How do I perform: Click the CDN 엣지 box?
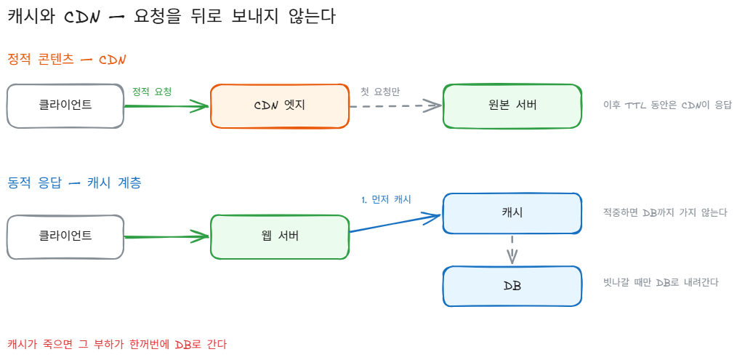pyautogui.click(x=280, y=106)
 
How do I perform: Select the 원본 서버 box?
pyautogui.click(x=512, y=106)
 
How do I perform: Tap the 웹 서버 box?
pyautogui.click(x=280, y=236)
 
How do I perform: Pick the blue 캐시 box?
pyautogui.click(x=512, y=213)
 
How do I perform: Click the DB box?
pyautogui.click(x=512, y=286)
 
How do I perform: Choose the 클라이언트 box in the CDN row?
pyautogui.click(x=65, y=106)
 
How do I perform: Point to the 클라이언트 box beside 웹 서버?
pyautogui.click(x=65, y=236)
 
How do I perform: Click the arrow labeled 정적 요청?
pyautogui.click(x=166, y=106)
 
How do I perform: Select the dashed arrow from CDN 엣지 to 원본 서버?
pyautogui.click(x=396, y=106)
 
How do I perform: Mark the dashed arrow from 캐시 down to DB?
pyautogui.click(x=512, y=249)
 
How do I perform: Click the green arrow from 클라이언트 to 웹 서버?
pyautogui.click(x=166, y=236)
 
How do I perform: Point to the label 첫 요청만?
pyautogui.click(x=380, y=92)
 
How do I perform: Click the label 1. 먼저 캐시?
pyautogui.click(x=387, y=199)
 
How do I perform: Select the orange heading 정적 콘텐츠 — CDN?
pyautogui.click(x=67, y=60)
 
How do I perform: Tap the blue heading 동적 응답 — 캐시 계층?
pyautogui.click(x=74, y=183)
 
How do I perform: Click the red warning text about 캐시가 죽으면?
pyautogui.click(x=117, y=345)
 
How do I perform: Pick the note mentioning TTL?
pyautogui.click(x=667, y=105)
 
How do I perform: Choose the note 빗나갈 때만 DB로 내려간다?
pyautogui.click(x=661, y=283)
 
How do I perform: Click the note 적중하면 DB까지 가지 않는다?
pyautogui.click(x=665, y=212)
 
